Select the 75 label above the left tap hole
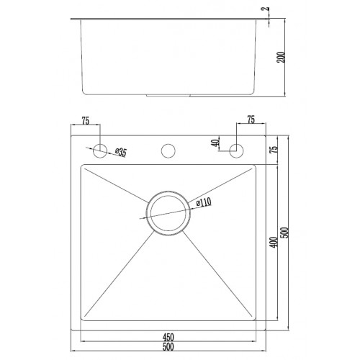[x=86, y=122]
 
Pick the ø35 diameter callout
[x=121, y=153]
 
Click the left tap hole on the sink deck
[x=102, y=150]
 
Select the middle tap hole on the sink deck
[x=168, y=150]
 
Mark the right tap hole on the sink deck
[x=235, y=150]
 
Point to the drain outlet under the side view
[x=170, y=94]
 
